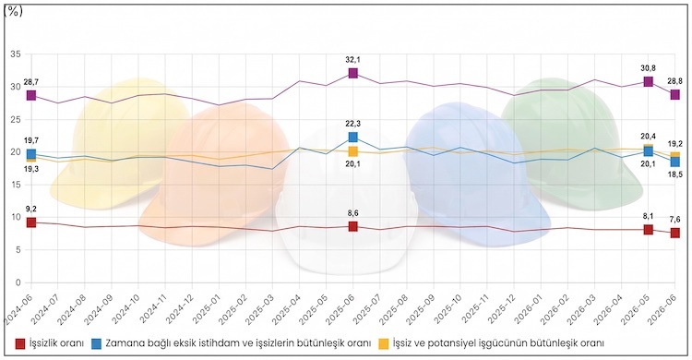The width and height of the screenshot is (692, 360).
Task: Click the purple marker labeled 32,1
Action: click(352, 73)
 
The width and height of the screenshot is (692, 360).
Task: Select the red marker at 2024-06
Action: click(30, 222)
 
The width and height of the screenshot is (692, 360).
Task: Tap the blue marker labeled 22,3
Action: click(352, 137)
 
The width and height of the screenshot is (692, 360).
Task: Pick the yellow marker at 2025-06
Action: click(352, 151)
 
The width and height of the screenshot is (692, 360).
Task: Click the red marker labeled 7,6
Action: click(674, 233)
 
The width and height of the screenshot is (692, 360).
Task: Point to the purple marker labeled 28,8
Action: click(674, 94)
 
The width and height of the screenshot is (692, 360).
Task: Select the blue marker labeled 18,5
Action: click(674, 162)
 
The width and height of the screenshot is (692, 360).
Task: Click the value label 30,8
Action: click(648, 68)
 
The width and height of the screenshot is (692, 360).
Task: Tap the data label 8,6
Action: click(352, 213)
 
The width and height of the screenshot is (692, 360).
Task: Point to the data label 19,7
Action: click(32, 140)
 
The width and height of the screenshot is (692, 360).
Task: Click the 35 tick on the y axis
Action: click(16, 54)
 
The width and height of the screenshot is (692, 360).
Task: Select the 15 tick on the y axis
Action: click(16, 185)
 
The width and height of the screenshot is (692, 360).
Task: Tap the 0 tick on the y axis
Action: click(18, 282)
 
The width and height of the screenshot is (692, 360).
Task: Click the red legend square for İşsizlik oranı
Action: click(20, 343)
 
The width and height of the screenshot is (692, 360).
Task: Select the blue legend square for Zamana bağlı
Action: click(97, 343)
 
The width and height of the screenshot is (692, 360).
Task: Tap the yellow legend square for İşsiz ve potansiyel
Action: click(385, 343)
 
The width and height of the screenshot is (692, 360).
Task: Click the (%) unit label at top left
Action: click(13, 12)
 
